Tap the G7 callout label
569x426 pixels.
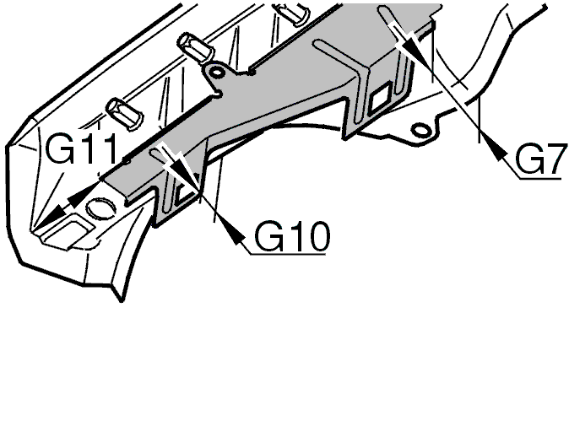point(538,161)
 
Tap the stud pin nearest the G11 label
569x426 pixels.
point(119,110)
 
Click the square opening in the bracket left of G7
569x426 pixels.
point(378,99)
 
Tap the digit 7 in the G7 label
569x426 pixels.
point(551,161)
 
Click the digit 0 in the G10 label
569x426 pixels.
point(313,238)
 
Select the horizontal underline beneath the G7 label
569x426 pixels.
point(538,177)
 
